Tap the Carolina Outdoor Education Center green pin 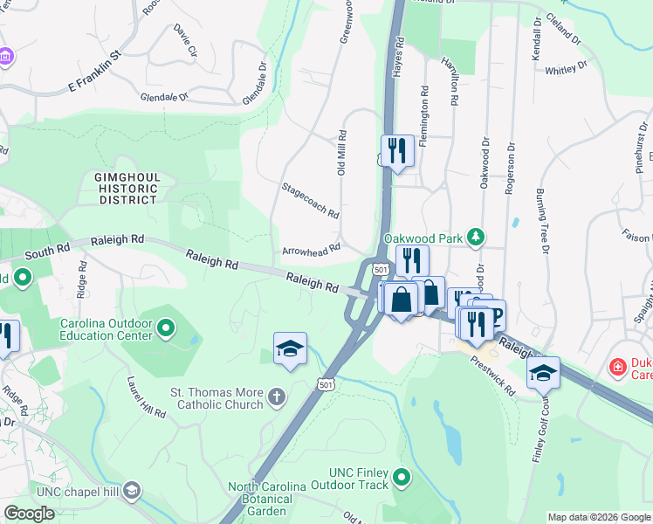click(167, 329)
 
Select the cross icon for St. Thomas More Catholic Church click(277, 398)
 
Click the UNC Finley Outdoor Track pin click(402, 477)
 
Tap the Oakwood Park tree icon click(476, 237)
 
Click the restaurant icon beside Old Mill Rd click(398, 151)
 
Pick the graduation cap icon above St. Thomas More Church click(290, 348)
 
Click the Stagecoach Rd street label click(310, 201)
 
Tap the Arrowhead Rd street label click(310, 252)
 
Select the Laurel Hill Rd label click(146, 397)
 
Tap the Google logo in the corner click(29, 514)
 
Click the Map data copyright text click(598, 517)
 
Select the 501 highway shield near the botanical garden click(325, 384)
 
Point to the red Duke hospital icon click(618, 365)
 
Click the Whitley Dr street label click(566, 69)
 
